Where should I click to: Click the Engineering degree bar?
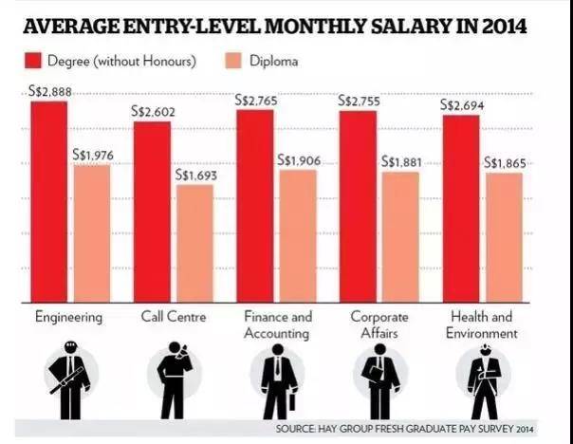pyautogui.click(x=48, y=199)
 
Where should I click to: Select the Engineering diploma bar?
pyautogui.click(x=92, y=231)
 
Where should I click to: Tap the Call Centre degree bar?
pyautogui.click(x=152, y=210)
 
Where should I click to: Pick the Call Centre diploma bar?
pyautogui.click(x=194, y=241)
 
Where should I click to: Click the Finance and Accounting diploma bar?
pyautogui.click(x=298, y=234)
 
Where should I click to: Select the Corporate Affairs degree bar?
pyautogui.click(x=358, y=204)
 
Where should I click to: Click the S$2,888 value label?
pyautogui.click(x=49, y=92)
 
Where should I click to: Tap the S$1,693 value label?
pyautogui.click(x=194, y=176)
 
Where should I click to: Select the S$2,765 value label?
pyautogui.click(x=256, y=101)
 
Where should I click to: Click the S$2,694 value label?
pyautogui.click(x=462, y=105)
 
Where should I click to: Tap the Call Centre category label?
pyautogui.click(x=174, y=316)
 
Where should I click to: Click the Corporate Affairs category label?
pyautogui.click(x=379, y=324)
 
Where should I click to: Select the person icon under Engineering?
pyautogui.click(x=69, y=380)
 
